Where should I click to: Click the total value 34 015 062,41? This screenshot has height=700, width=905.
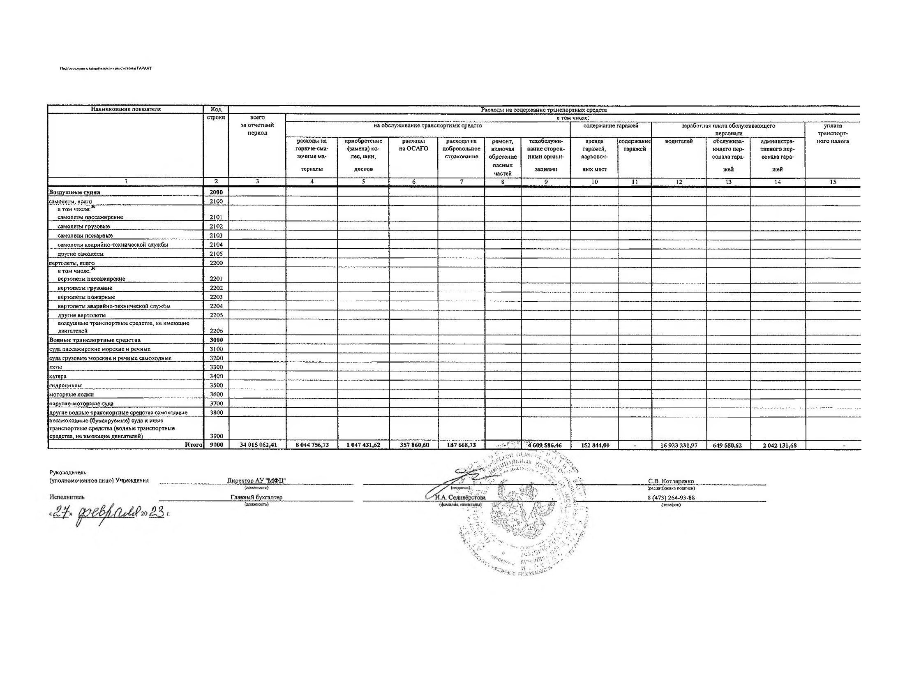(258, 445)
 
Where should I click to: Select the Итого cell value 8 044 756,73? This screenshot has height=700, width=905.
(312, 445)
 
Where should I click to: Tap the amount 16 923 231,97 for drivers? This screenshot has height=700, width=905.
(679, 446)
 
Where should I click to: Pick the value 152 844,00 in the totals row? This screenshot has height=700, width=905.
(595, 445)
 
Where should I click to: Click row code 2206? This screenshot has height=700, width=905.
(216, 331)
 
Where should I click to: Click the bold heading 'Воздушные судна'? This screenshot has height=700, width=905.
(74, 192)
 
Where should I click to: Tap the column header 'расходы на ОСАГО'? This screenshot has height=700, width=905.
(413, 145)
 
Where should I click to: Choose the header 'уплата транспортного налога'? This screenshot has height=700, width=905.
(833, 134)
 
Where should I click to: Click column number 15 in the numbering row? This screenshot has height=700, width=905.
(833, 182)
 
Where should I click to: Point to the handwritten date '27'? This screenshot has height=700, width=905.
(60, 513)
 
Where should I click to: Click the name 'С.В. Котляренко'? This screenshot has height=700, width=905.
(671, 481)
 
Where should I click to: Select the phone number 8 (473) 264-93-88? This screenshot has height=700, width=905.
(671, 498)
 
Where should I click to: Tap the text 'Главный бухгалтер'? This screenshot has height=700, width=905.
(256, 497)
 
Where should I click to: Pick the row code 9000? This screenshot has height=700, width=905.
(216, 445)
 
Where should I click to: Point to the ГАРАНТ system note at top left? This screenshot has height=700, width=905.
(106, 68)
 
